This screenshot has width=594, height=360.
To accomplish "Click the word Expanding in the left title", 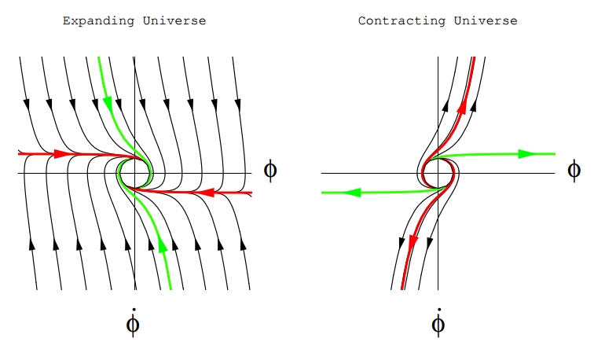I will click(89, 21).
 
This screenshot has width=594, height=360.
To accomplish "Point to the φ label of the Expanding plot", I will click(270, 171).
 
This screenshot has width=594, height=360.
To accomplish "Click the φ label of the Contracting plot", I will click(574, 170).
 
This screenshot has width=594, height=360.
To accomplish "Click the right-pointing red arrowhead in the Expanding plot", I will click(60, 154).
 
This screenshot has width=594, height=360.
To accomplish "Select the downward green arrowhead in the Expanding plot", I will click(107, 101).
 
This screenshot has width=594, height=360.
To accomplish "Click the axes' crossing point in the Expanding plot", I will click(134, 172).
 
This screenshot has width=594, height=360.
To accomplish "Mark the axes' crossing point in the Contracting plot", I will click(438, 172).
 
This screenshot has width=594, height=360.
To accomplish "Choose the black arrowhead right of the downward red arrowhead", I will click(429, 241).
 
